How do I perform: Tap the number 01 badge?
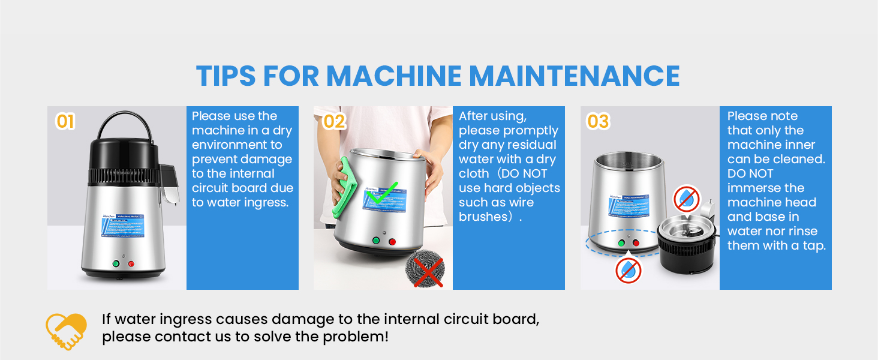(x=65, y=122)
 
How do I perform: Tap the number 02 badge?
(x=334, y=122)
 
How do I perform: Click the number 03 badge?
(x=598, y=122)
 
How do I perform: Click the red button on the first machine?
(x=131, y=264)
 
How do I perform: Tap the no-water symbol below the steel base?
(x=629, y=270)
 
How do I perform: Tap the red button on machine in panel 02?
(x=392, y=242)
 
